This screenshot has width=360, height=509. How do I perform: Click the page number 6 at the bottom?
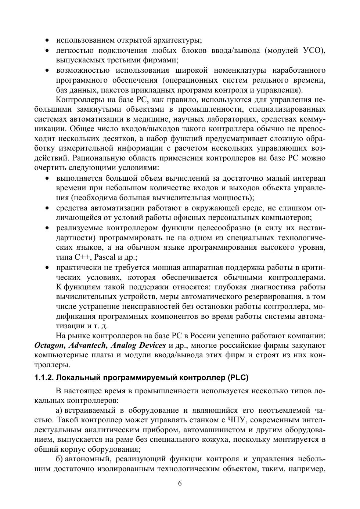(180, 483)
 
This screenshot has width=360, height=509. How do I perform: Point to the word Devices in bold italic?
(152, 346)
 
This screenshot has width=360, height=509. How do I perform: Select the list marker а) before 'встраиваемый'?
(59, 410)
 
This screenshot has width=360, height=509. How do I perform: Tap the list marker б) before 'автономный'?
(59, 459)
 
